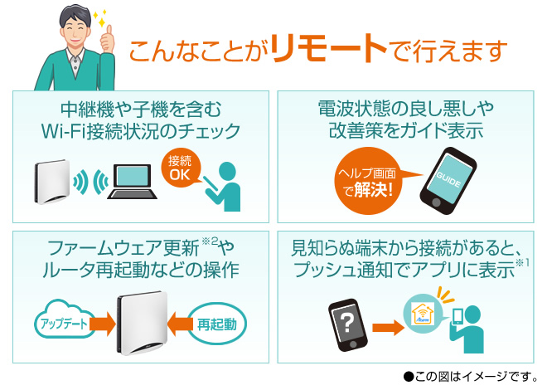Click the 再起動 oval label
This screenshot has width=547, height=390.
point(217,322)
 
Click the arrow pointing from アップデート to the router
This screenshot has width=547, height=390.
point(102,322)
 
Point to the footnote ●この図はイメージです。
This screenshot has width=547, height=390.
point(469,376)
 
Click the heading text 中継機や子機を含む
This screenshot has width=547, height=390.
point(140,110)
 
